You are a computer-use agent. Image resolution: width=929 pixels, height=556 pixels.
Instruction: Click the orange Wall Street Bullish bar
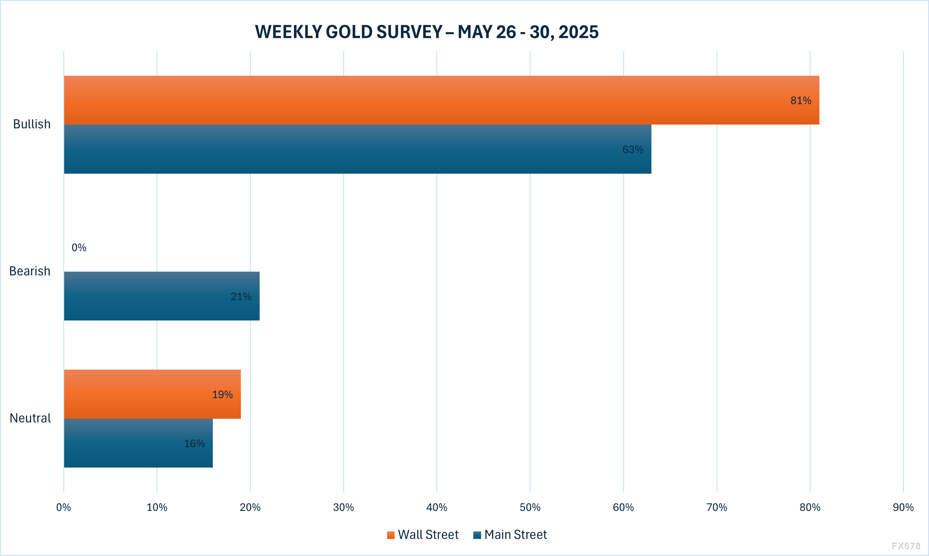[x=442, y=100]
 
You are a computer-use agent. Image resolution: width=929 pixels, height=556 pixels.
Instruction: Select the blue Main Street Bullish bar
[x=357, y=149]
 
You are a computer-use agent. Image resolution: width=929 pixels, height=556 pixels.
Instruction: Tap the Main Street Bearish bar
[x=162, y=296]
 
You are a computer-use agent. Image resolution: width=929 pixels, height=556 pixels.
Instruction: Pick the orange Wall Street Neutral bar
[x=152, y=394]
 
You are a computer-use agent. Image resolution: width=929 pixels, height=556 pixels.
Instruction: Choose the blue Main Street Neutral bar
[x=138, y=443]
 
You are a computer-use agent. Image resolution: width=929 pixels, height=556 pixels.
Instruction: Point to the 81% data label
[x=800, y=100]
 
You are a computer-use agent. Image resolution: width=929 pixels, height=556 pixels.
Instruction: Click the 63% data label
[x=633, y=149]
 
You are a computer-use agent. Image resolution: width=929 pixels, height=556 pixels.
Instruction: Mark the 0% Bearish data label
[x=79, y=248]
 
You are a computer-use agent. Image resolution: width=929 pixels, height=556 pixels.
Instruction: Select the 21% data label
[x=241, y=297]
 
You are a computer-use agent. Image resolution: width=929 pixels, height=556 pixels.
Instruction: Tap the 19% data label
[x=222, y=394]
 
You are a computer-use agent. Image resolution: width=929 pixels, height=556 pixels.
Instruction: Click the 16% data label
[x=194, y=444]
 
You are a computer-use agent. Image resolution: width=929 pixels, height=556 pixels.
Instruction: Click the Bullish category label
[x=32, y=124]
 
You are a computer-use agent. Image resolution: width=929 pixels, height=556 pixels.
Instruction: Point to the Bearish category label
[x=29, y=271]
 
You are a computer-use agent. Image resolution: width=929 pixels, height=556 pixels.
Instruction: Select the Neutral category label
[x=30, y=418]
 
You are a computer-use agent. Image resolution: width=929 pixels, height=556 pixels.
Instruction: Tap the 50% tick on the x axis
[x=530, y=507]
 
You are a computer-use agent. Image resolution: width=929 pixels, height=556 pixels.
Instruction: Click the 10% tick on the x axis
[x=157, y=507]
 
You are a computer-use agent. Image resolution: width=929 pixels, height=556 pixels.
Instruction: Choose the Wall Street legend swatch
[x=391, y=535]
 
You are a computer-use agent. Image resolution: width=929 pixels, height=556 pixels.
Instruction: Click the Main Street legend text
[x=515, y=535]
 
